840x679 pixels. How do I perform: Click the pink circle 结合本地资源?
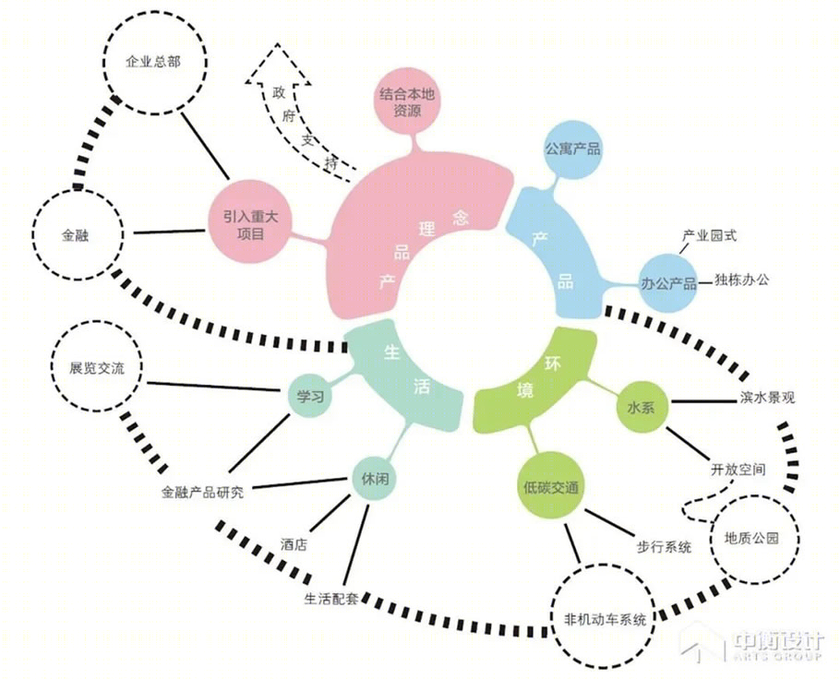pos(406,101)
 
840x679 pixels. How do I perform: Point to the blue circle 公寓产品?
pos(572,149)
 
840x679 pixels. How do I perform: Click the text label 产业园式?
pos(709,235)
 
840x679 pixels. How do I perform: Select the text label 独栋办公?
pos(741,279)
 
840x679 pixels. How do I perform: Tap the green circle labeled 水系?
pos(641,408)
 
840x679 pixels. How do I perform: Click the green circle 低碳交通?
pos(551,487)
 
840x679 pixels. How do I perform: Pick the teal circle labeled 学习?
pos(310,397)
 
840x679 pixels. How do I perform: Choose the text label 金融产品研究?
pos(202,492)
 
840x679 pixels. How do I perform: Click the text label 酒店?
pos(294,544)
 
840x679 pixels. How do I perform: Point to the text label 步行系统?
pos(664,547)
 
